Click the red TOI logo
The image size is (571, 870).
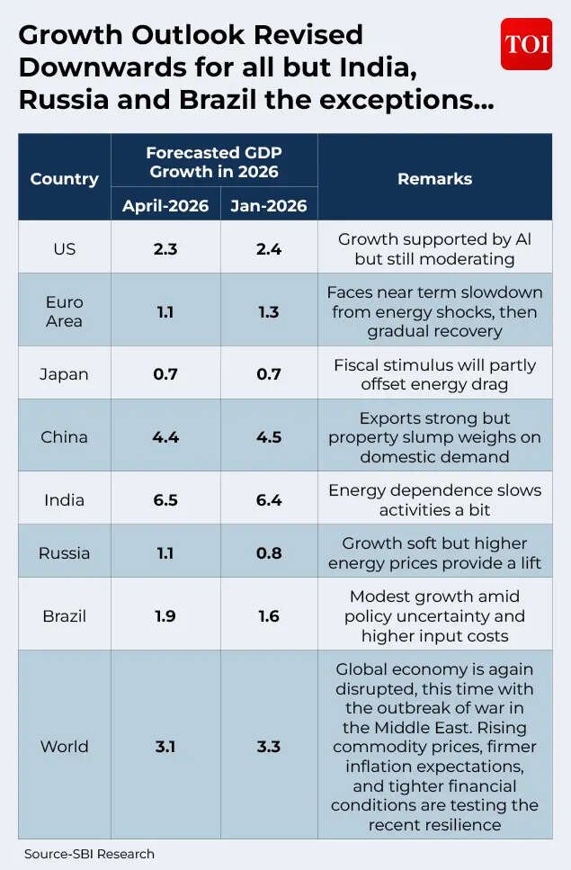click(526, 43)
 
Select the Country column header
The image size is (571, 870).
click(65, 178)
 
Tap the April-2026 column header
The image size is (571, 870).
click(165, 205)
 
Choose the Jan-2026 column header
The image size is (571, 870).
click(269, 205)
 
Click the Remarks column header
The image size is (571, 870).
click(434, 178)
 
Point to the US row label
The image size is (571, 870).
click(65, 248)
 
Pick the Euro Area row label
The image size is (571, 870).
click(65, 311)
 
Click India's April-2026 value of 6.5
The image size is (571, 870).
click(165, 499)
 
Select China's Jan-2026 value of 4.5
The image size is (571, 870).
click(269, 437)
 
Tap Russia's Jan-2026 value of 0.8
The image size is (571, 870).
click(269, 552)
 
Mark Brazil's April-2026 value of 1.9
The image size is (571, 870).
click(165, 616)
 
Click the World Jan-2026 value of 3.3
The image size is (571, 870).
click(269, 746)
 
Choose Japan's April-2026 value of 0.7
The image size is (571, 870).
click(165, 373)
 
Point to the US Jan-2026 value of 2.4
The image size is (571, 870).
click(269, 248)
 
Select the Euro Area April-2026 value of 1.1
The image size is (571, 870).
click(165, 311)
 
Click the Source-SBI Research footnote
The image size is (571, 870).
click(89, 854)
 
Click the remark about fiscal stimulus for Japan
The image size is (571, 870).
click(434, 374)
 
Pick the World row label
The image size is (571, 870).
click(65, 746)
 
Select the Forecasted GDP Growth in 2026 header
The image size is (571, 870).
click(214, 161)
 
